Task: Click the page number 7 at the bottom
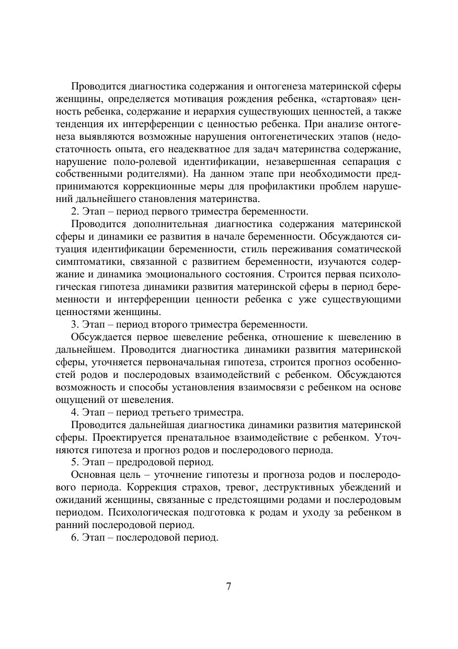[x=228, y=586]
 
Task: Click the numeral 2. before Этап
[x=75, y=211]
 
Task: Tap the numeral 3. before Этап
[x=75, y=324]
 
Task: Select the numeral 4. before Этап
[x=75, y=412]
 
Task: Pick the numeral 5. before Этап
[x=75, y=463]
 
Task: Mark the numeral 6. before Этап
[x=75, y=538]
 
